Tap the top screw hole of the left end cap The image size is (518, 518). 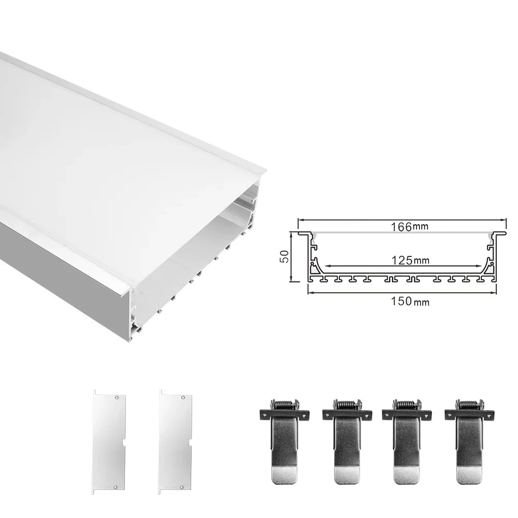coord(118,397)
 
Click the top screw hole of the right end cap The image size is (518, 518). coord(183,397)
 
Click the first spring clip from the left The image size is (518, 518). coord(283,440)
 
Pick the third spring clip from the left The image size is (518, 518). coord(407,440)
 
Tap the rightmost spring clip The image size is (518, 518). coord(469,440)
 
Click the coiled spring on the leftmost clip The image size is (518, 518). coord(283,405)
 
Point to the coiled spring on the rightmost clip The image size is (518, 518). coord(469,405)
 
